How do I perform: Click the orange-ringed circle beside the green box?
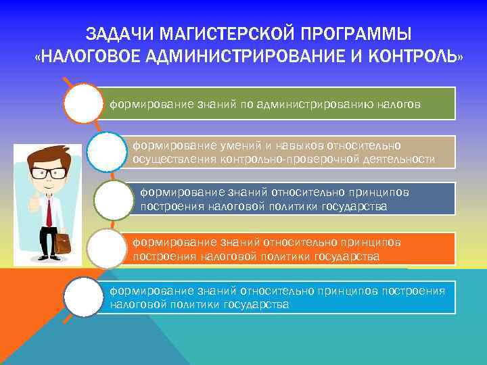click(83, 103)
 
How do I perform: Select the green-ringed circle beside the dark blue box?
click(114, 200)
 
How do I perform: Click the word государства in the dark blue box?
click(354, 206)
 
